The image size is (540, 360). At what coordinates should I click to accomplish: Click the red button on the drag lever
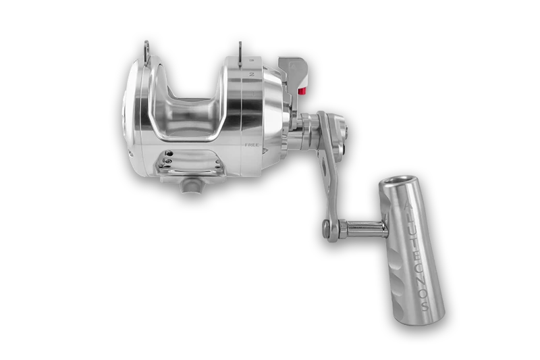(x=302, y=93)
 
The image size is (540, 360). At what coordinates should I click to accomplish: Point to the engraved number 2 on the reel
(x=250, y=72)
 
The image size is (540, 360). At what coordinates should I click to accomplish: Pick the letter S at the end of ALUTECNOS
(x=424, y=305)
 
